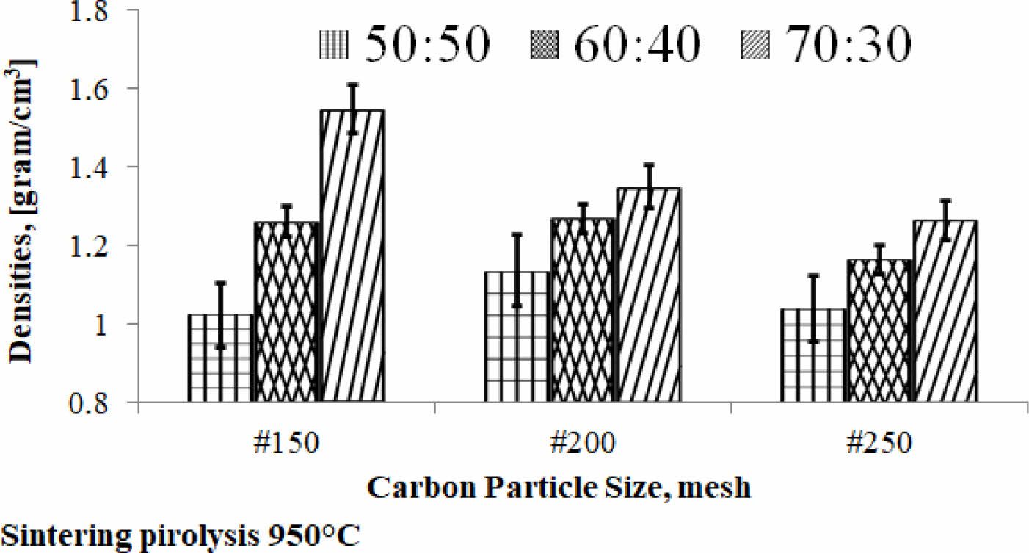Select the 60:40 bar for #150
click(x=287, y=312)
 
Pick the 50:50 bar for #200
click(x=516, y=337)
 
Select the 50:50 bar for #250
click(x=812, y=355)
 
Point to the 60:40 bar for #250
click(x=879, y=330)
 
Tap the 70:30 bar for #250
click(x=945, y=311)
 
